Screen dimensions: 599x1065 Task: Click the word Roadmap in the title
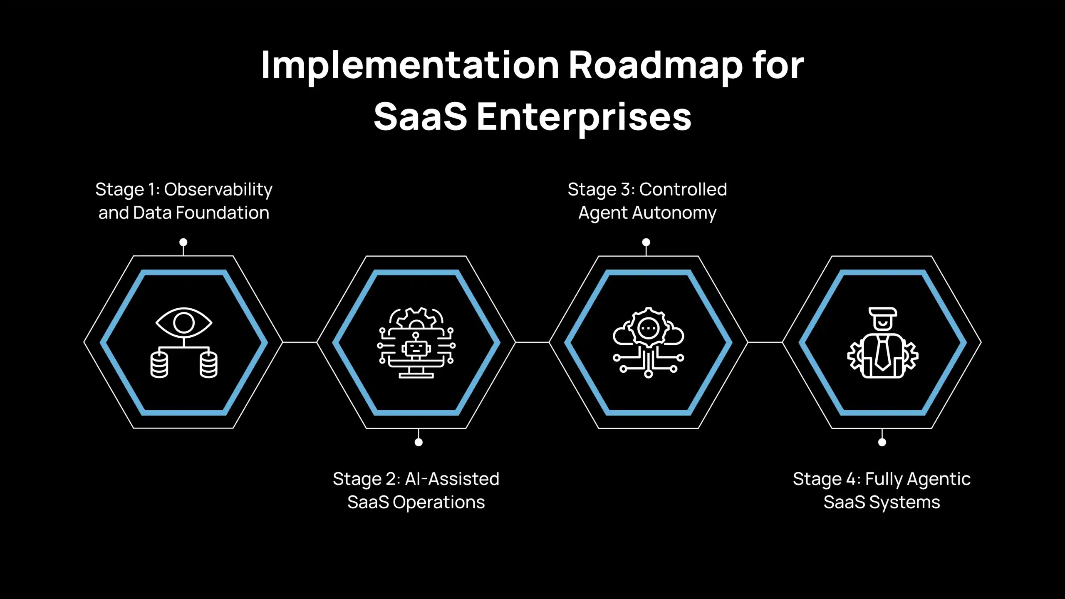[x=655, y=66]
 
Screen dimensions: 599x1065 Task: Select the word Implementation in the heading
[x=410, y=66]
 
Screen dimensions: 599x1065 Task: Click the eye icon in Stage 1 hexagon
[x=183, y=323]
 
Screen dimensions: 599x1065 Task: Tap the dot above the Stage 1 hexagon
[x=183, y=242]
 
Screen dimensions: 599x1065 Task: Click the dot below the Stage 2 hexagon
[x=419, y=442]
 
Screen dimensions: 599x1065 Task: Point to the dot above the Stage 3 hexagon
[x=646, y=242]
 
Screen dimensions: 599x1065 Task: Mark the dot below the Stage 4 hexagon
[x=882, y=442]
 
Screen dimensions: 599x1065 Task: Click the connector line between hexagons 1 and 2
[x=300, y=342]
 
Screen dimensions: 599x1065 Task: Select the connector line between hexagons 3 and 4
[x=765, y=342]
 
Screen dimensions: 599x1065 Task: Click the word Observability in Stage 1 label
[x=218, y=190]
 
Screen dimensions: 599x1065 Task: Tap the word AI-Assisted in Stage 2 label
[x=452, y=479]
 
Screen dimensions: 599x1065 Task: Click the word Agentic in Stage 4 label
[x=939, y=479]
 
